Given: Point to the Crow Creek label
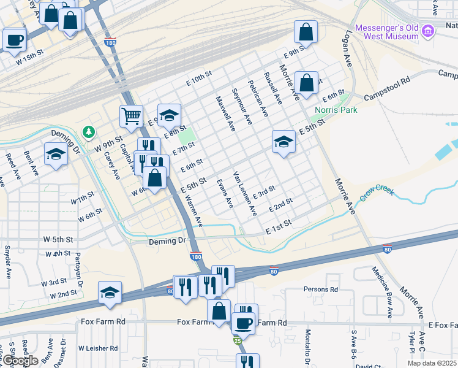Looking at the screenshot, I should [x=376, y=192].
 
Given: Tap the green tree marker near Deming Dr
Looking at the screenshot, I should [x=89, y=132].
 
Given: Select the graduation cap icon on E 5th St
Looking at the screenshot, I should [x=283, y=142].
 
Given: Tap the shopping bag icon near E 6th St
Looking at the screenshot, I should [x=306, y=82].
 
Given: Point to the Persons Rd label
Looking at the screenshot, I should [x=321, y=289].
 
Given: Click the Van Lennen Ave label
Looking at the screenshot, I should [x=245, y=194].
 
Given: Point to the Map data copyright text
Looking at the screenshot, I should [x=436, y=364].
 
